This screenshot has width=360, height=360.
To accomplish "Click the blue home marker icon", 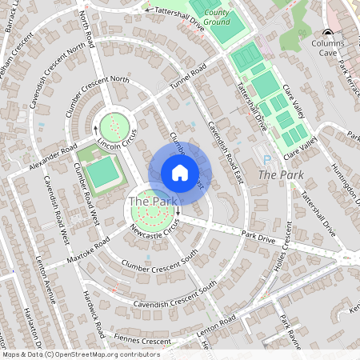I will (180, 173).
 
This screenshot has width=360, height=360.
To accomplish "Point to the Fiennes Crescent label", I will (145, 342).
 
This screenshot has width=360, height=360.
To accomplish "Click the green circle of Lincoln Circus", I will (114, 124).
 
